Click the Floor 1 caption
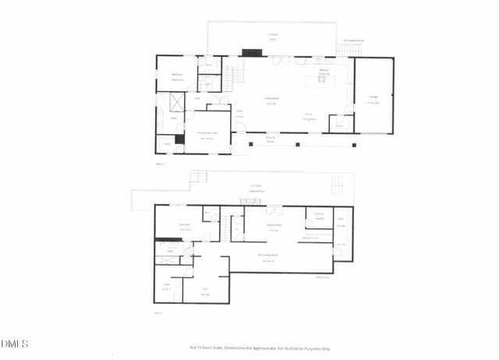[x=159, y=312]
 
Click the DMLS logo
[x=15, y=344]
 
